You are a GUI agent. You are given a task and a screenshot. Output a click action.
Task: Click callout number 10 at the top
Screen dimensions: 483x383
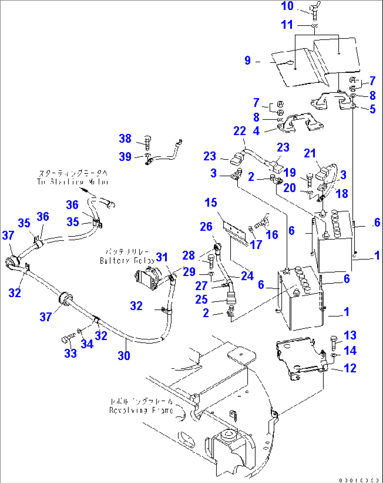[287, 6]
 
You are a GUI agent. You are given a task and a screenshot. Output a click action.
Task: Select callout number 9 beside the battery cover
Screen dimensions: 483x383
[248, 60]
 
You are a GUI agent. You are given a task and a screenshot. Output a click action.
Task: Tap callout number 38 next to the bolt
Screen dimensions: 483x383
[125, 138]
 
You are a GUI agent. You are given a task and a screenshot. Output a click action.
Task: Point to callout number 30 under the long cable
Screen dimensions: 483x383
[124, 355]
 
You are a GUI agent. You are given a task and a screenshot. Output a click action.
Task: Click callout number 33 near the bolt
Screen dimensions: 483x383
[70, 353]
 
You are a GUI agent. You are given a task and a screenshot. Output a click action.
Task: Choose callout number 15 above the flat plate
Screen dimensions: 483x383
[211, 203]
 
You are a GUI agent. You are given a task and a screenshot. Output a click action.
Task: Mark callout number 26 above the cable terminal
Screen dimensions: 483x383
[206, 227]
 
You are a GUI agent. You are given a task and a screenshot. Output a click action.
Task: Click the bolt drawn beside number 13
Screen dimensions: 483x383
[334, 342]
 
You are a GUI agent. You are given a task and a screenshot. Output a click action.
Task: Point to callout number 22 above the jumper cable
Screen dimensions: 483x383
[240, 131]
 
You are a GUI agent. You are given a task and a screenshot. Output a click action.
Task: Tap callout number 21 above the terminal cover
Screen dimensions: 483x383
[310, 153]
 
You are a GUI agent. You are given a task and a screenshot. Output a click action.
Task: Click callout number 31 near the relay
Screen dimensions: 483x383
[162, 257]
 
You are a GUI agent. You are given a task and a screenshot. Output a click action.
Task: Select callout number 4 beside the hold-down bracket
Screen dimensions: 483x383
[256, 131]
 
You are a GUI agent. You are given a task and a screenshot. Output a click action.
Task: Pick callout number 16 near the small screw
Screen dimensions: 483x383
[272, 235]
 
